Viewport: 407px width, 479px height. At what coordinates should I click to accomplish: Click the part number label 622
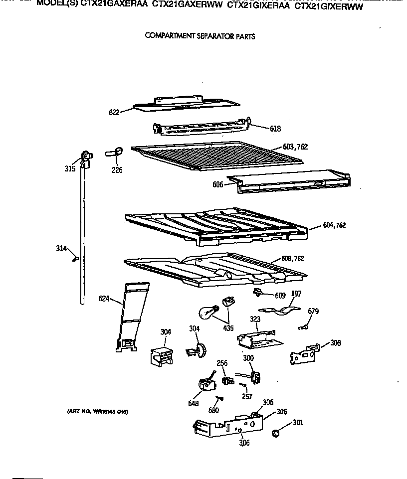click(114, 113)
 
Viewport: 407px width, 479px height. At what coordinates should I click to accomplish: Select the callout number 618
click(275, 129)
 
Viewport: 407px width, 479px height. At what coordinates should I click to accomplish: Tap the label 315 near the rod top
click(70, 169)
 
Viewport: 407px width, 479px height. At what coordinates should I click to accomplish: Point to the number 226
click(117, 170)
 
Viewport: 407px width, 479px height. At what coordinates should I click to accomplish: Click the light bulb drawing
click(205, 312)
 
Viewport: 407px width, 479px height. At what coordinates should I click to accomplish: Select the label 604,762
click(334, 225)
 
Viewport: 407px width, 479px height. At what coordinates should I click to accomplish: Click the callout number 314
click(61, 248)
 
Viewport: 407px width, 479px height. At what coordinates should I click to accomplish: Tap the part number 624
click(104, 299)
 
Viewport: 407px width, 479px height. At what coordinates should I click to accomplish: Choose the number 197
click(296, 294)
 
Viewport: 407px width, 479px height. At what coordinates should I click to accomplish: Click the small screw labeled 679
click(302, 327)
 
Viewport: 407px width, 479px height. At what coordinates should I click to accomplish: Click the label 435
click(228, 328)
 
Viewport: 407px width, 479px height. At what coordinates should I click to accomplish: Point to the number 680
click(214, 410)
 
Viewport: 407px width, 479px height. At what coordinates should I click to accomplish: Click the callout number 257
click(246, 396)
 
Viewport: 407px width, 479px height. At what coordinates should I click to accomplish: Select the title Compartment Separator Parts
click(200, 36)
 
